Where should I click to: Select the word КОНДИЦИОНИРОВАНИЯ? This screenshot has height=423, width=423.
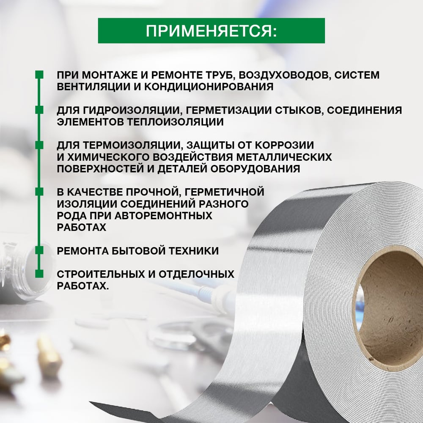[x=209, y=87]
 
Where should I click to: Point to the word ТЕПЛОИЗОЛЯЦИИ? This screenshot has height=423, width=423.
[x=176, y=122]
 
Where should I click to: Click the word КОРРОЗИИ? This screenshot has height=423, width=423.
[x=284, y=145]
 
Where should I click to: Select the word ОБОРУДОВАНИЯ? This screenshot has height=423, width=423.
[x=255, y=169]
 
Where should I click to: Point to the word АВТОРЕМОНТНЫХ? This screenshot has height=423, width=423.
[x=163, y=216]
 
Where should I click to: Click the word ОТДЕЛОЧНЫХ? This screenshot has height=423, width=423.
[x=196, y=275]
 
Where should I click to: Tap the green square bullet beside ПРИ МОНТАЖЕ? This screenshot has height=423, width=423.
[x=39, y=75]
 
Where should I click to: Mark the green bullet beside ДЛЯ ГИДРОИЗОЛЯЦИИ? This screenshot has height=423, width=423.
[x=39, y=110]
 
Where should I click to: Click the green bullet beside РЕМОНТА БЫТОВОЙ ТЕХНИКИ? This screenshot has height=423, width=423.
[x=39, y=250]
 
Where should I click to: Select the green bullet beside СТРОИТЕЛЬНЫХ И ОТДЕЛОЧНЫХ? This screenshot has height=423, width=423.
[x=39, y=274]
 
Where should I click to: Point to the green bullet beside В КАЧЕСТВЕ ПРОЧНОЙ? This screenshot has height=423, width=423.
[x=39, y=192]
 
